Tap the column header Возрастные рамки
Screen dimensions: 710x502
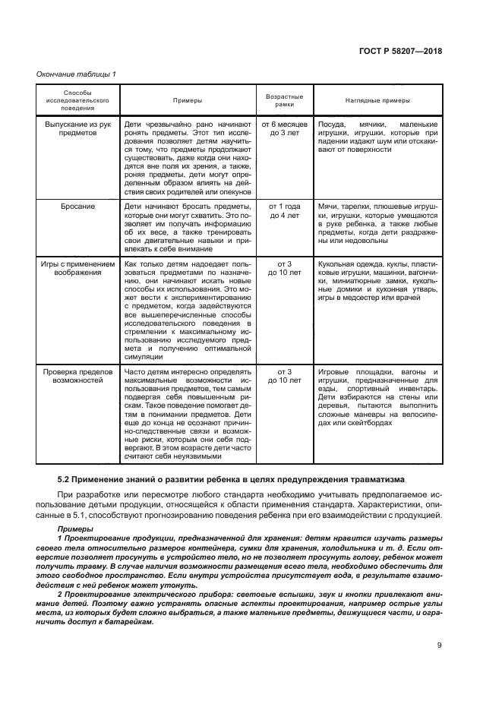[x=284, y=99]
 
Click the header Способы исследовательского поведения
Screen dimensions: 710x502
[x=77, y=99]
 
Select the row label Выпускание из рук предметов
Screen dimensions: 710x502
[x=77, y=128]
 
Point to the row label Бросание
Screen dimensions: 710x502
[x=77, y=207]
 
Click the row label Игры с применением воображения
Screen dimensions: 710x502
[x=77, y=270]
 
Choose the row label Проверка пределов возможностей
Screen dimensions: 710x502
[x=77, y=377]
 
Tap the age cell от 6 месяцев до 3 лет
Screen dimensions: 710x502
[x=284, y=128]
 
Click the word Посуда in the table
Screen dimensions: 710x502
[x=331, y=123]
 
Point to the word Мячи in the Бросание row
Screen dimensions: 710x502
[x=328, y=207]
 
